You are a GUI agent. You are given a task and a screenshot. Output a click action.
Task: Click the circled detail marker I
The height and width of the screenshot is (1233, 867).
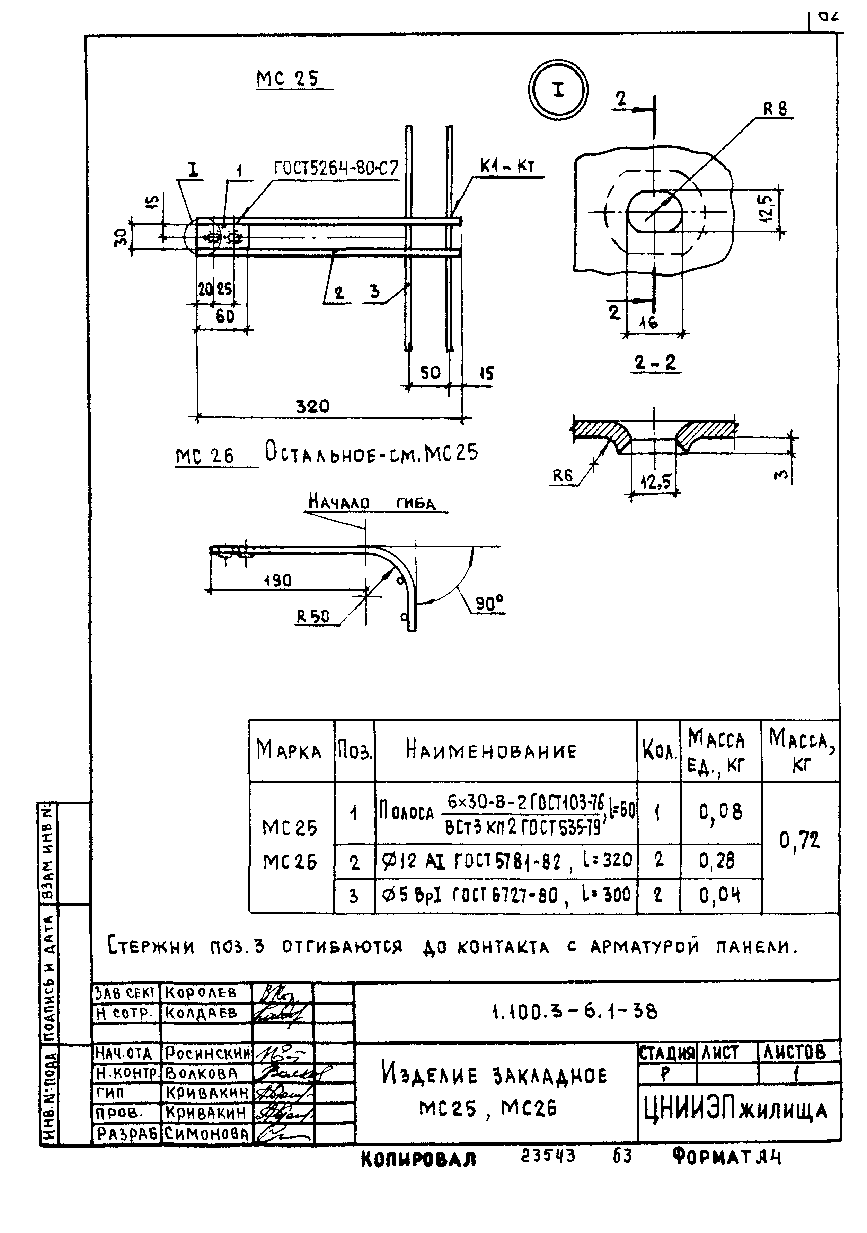pyautogui.click(x=558, y=90)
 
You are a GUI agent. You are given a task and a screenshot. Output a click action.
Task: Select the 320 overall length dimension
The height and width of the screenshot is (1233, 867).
pyautogui.click(x=313, y=406)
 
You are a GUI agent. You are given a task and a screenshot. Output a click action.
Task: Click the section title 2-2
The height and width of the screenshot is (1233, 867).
pyautogui.click(x=655, y=363)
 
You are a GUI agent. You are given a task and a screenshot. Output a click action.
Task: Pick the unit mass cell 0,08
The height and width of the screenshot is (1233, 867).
pyautogui.click(x=720, y=812)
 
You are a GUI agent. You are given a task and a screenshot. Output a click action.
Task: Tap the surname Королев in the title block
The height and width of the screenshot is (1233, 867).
pyautogui.click(x=201, y=992)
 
